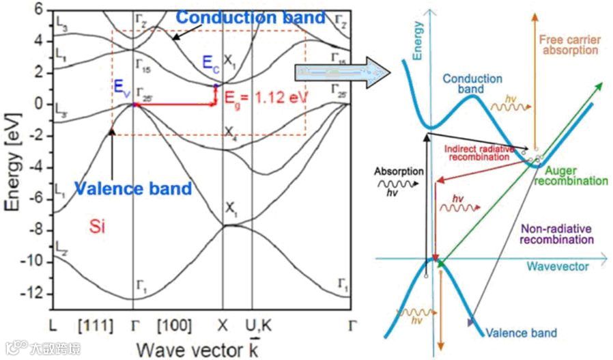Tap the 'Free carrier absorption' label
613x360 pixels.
click(568, 45)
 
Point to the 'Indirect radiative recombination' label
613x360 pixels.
click(476, 152)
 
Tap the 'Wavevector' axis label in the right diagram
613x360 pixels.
click(557, 267)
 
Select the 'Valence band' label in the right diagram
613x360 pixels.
click(521, 333)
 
